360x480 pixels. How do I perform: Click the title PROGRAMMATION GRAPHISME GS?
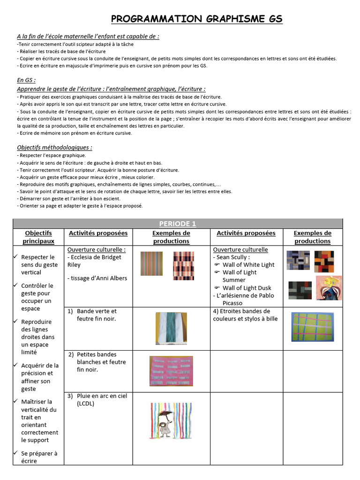[197, 19]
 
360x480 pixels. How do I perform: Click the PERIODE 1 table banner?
[177, 224]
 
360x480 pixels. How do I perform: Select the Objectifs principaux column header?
[38, 237]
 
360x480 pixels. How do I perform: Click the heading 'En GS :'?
[26, 80]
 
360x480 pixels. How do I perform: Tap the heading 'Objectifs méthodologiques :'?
[54, 147]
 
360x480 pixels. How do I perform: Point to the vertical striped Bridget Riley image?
[151, 263]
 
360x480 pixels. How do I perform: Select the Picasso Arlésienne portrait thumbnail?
[329, 287]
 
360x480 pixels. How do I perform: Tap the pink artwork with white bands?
[171, 372]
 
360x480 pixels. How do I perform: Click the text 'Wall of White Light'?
[248, 264]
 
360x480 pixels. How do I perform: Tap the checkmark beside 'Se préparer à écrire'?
[15, 453]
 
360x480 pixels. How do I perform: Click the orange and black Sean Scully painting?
[324, 261]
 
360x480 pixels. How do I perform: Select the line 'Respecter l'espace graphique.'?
[52, 155]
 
